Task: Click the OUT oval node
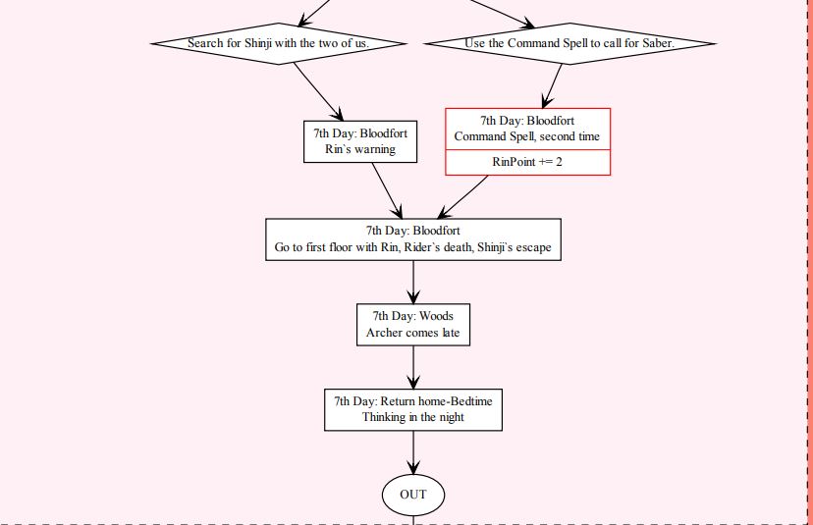413,494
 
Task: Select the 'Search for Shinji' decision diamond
279,43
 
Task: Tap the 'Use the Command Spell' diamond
569,43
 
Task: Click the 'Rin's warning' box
360,141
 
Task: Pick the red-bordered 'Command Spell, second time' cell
527,129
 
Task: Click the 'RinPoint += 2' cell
527,162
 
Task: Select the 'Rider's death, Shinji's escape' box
413,239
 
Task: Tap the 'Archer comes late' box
413,325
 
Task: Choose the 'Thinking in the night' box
413,409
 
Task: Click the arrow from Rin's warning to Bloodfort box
386,190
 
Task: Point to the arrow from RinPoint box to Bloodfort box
461,197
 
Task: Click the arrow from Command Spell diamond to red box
554,85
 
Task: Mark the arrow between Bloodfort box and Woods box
413,282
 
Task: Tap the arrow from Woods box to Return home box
413,367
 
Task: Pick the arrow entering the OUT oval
413,453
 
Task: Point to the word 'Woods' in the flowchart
436,316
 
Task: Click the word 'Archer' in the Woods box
383,334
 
